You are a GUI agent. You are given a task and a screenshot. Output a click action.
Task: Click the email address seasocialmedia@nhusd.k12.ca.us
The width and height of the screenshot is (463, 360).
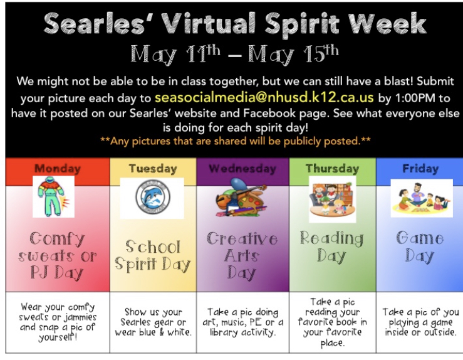click(264, 98)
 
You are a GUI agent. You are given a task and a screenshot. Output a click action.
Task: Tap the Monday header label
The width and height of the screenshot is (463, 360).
click(58, 169)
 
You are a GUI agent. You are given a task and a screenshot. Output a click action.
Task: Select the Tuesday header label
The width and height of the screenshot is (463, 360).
click(153, 169)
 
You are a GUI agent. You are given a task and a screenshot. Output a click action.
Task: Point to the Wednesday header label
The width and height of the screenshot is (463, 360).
click(242, 169)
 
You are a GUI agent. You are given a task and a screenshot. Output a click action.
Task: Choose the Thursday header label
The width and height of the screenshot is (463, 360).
click(333, 169)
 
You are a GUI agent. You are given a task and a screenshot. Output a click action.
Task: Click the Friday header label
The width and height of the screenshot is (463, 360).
click(420, 169)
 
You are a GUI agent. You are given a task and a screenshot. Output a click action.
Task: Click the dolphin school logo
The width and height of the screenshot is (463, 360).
click(153, 197)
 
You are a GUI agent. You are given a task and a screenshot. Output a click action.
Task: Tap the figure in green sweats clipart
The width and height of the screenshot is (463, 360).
click(53, 196)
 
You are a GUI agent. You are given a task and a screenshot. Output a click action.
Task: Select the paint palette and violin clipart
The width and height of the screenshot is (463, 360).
click(242, 198)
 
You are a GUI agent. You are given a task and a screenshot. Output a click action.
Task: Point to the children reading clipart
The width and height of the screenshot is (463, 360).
click(332, 199)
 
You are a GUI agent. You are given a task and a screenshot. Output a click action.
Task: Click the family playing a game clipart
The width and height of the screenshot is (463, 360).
click(422, 198)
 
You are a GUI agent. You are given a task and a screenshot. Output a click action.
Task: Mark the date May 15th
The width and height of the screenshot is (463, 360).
click(293, 54)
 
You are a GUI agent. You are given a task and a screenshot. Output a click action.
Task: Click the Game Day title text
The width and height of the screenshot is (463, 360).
click(420, 246)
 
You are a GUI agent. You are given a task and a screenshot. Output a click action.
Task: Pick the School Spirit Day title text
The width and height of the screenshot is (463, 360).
click(153, 255)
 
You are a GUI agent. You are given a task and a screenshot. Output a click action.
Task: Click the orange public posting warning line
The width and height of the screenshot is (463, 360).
click(236, 141)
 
